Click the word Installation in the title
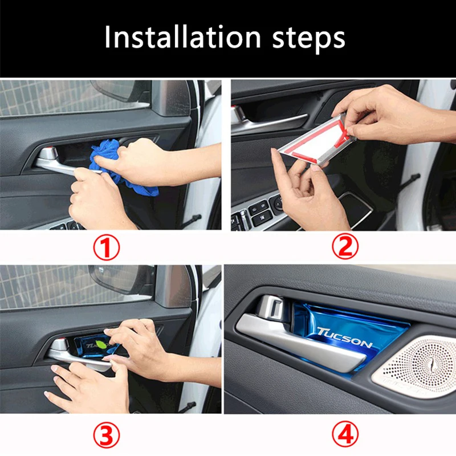click(182, 37)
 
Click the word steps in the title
click(308, 39)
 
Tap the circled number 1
click(107, 247)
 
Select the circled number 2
click(345, 246)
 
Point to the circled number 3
click(107, 435)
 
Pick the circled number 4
click(345, 434)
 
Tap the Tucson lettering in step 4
click(345, 337)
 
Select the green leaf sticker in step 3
click(101, 344)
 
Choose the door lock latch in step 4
click(271, 308)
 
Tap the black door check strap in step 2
click(410, 180)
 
